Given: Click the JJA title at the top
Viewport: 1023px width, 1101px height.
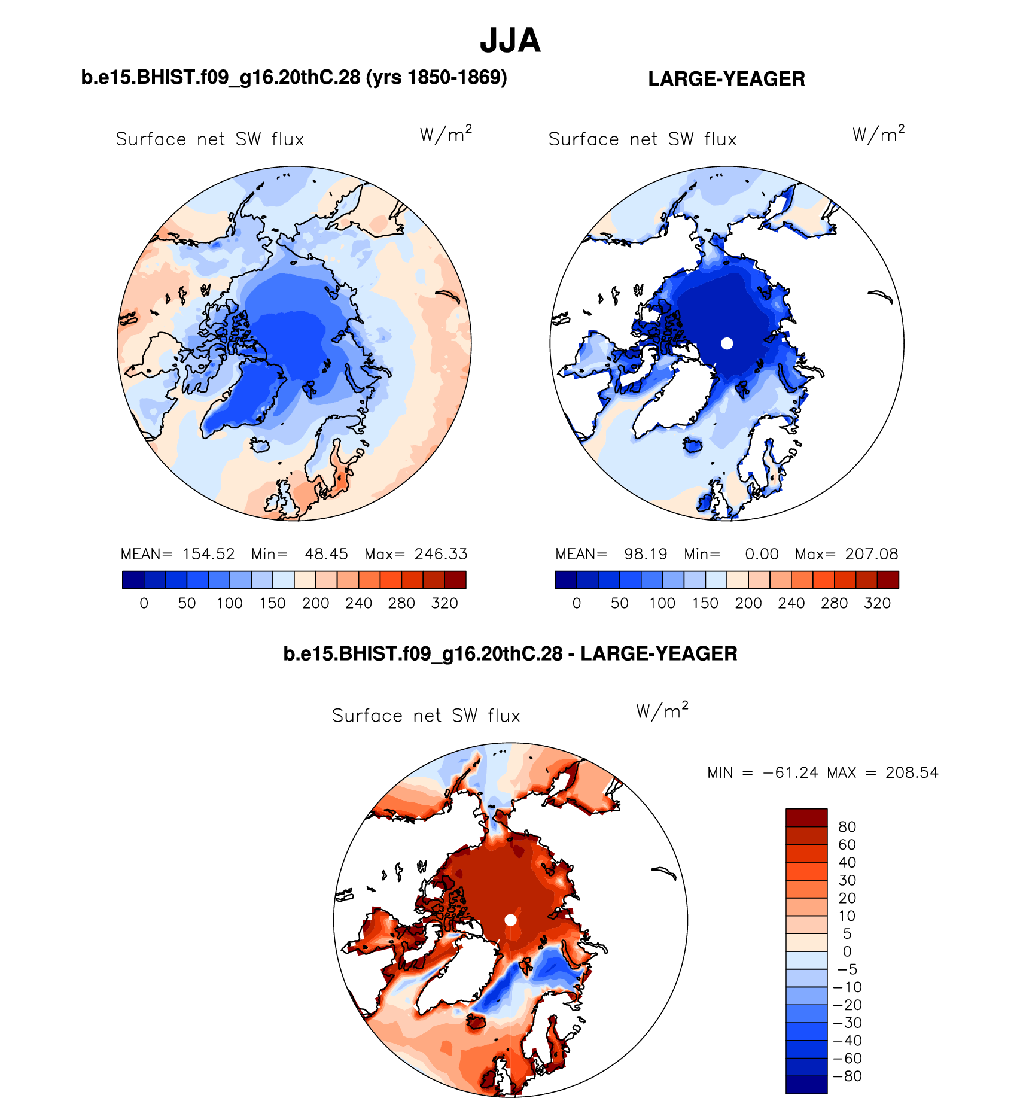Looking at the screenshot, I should (510, 41).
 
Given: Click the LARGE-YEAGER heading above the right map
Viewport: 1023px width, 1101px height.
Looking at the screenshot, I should (726, 79).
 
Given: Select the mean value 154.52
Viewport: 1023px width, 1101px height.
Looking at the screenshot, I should (208, 554).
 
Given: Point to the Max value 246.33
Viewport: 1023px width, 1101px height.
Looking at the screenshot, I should (441, 554).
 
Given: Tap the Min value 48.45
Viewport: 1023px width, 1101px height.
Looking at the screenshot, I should (326, 554).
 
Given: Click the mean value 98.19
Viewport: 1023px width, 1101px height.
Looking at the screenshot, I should (646, 554).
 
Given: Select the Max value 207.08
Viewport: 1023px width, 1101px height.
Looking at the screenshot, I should (872, 554).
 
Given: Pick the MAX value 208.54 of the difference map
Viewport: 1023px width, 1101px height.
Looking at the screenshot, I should (912, 773).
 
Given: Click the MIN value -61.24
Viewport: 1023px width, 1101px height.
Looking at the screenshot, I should (790, 773).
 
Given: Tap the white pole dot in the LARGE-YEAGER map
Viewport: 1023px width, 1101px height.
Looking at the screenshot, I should (727, 343).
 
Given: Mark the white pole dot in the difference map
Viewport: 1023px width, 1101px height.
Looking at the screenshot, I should (510, 920).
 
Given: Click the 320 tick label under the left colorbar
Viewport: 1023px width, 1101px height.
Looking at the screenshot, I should (444, 603).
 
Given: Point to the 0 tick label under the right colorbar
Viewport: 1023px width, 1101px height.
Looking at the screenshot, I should (577, 603).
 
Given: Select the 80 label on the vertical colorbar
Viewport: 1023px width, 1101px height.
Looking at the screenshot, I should (847, 827).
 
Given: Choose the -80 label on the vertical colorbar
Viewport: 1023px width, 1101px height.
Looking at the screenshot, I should (847, 1076).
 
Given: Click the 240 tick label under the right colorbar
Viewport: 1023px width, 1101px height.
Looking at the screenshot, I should (791, 603).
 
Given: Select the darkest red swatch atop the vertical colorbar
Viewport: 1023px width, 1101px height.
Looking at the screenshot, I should (806, 817).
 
